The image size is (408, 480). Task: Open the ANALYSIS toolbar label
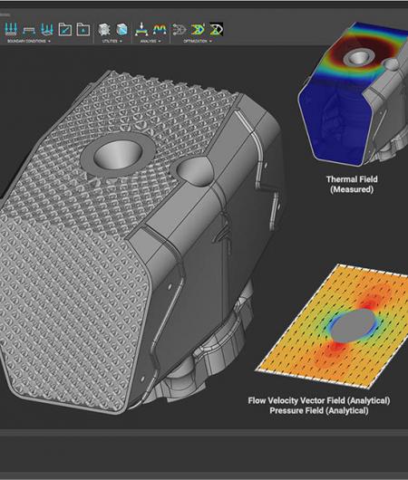click(x=150, y=41)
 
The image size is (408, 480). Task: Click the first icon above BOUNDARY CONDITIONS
click(x=10, y=29)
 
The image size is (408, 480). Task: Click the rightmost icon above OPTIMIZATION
click(x=217, y=29)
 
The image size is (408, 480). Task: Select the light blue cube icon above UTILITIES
click(x=121, y=29)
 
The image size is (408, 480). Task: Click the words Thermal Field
click(x=350, y=180)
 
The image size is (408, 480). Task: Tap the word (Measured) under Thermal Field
click(x=350, y=190)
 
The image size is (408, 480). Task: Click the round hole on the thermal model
click(x=361, y=58)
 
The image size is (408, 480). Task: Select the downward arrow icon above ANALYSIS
click(x=142, y=29)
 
